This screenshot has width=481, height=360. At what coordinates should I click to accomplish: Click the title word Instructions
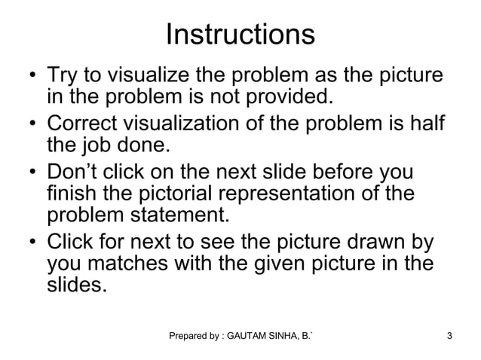pyautogui.click(x=240, y=35)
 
